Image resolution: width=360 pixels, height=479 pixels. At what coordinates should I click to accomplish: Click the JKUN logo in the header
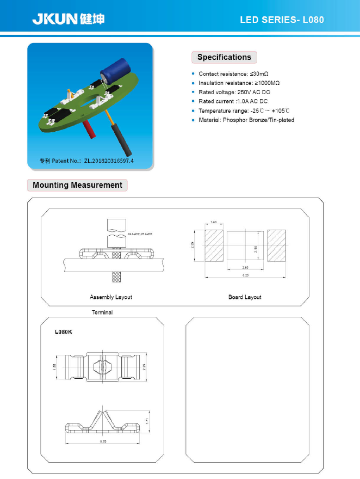[x=68, y=19]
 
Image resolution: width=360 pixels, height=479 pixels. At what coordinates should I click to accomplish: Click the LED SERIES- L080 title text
[x=282, y=20]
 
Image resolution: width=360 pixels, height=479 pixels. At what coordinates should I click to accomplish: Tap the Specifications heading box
[x=224, y=57]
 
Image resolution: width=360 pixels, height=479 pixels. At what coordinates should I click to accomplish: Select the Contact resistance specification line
[x=233, y=73]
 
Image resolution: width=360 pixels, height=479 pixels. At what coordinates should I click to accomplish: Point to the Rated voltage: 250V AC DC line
[x=234, y=92]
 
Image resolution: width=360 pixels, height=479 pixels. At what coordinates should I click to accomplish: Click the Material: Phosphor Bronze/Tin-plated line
[x=246, y=120]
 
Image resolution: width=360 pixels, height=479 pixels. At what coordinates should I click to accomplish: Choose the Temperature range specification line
[x=244, y=110]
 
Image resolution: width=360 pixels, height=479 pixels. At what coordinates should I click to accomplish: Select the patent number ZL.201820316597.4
[x=108, y=161]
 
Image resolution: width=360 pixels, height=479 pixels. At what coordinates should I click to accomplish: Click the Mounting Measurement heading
[x=77, y=185]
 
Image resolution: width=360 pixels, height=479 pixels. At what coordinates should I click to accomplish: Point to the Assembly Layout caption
[x=111, y=297]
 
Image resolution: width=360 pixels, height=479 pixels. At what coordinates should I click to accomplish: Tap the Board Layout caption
[x=245, y=297]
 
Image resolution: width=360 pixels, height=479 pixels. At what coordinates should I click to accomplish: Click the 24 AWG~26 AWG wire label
[x=140, y=234]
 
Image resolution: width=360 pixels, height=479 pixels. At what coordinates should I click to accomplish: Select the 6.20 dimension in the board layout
[x=245, y=276]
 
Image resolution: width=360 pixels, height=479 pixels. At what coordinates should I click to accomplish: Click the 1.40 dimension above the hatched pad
[x=214, y=223]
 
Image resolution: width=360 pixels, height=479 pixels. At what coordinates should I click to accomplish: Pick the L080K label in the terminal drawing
[x=64, y=331]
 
